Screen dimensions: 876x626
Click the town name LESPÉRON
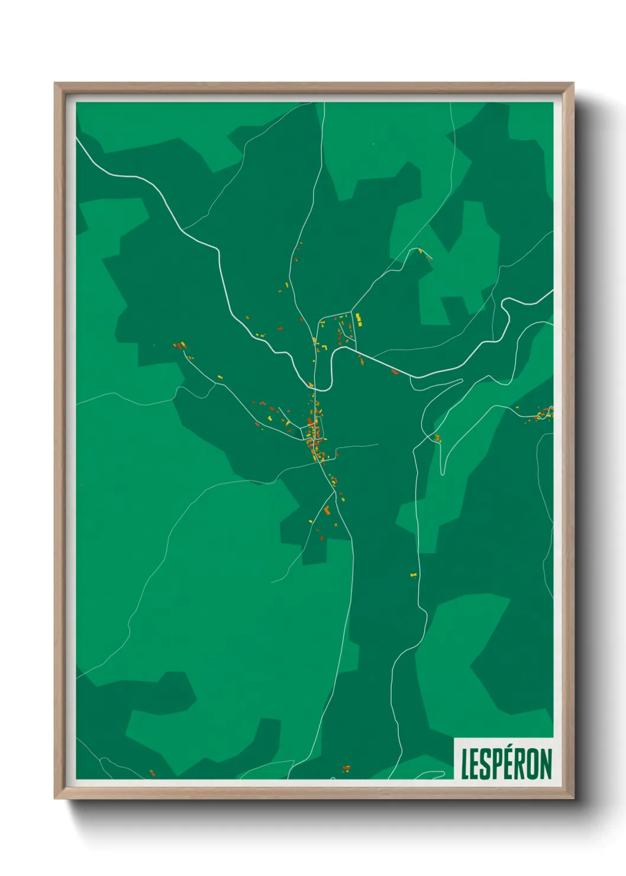pyautogui.click(x=506, y=764)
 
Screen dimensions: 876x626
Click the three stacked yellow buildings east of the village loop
pyautogui.click(x=358, y=320)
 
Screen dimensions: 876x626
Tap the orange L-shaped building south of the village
pyautogui.click(x=326, y=509)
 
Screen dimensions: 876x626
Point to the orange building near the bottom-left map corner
pyautogui.click(x=152, y=772)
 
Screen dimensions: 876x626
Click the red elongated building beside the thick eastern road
pyautogui.click(x=395, y=372)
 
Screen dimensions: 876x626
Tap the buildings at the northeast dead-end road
pyautogui.click(x=421, y=252)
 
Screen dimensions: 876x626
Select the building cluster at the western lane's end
pyautogui.click(x=180, y=345)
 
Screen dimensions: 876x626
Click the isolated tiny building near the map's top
pyautogui.click(x=373, y=144)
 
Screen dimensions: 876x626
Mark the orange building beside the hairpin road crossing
pyautogui.click(x=438, y=438)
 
